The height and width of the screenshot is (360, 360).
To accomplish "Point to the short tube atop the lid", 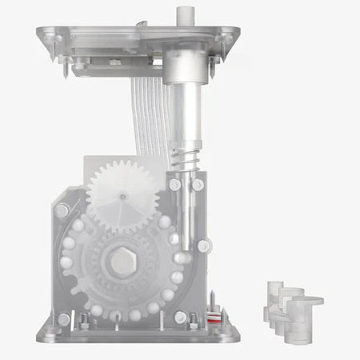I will click(186, 17).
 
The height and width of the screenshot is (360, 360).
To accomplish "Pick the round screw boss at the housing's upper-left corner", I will click(62, 210).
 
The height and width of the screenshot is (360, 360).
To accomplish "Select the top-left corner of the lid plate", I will click(39, 30).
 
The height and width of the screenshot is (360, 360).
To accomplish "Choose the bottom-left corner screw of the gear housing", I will click(64, 320).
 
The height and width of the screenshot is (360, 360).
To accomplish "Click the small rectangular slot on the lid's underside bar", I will click(116, 62).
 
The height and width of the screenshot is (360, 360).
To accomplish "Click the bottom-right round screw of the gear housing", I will click(193, 318).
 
